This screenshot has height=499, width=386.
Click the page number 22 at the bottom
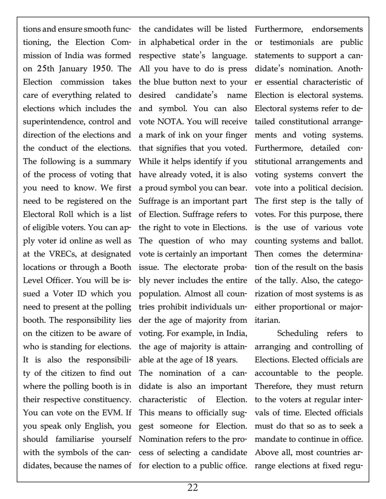[192, 488]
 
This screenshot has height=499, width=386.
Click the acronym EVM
[114, 413]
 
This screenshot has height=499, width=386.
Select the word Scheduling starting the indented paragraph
[297, 334]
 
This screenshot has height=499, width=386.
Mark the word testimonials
[292, 42]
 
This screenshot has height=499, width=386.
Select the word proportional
[297, 307]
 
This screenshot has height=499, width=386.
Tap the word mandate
[270, 439]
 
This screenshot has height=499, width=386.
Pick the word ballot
[350, 241]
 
